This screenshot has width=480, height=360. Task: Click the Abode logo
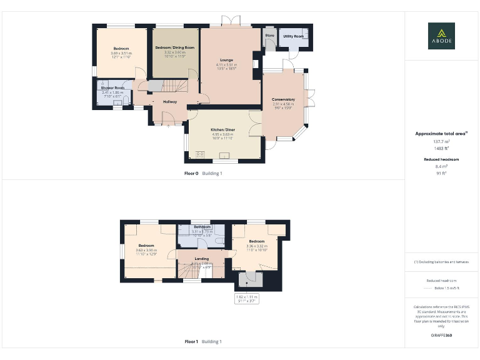tap(441, 36)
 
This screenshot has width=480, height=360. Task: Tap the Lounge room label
tap(226, 60)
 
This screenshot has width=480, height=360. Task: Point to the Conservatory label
tap(283, 99)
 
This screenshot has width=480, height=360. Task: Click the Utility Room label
tap(293, 36)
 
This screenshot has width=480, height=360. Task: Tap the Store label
tap(270, 36)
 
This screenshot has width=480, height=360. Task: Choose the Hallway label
tap(170, 101)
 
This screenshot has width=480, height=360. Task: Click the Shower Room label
tap(113, 88)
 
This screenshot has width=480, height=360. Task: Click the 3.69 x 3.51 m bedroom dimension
tap(121, 53)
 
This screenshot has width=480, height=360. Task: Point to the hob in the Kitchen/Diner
tap(202, 154)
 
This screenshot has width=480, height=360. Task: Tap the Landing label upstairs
tap(202, 258)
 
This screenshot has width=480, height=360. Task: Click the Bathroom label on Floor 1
tap(202, 227)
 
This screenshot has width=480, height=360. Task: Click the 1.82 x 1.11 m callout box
tap(246, 298)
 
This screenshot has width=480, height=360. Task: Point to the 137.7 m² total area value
tap(441, 141)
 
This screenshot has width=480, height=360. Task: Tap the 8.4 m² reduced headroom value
tap(441, 167)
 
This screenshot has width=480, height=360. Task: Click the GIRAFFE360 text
tap(441, 336)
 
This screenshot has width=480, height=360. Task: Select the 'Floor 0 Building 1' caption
tap(202, 173)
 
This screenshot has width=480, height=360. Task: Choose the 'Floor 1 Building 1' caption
tap(202, 342)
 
